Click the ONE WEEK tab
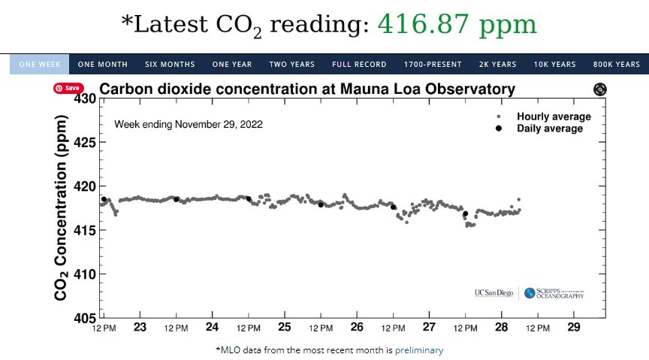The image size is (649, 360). tap(40, 65)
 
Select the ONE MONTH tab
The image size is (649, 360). tap(102, 65)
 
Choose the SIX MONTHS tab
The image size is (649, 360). tap(170, 65)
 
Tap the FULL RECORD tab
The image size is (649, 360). tap(359, 65)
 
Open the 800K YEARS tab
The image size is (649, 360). tap(616, 65)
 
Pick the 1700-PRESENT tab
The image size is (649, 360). tap(433, 65)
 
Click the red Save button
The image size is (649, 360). tap(68, 88)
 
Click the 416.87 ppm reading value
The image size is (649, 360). tap(457, 25)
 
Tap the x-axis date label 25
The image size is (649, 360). tap(285, 327)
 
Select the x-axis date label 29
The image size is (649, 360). tap(574, 327)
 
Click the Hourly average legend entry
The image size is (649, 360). tap(553, 116)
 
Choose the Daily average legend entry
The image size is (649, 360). tap(549, 129)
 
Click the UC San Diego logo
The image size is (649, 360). tap(494, 293)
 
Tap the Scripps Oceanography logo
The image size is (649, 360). tap(554, 293)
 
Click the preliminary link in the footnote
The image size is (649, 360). tap(419, 350)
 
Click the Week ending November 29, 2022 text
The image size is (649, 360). tap(189, 123)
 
